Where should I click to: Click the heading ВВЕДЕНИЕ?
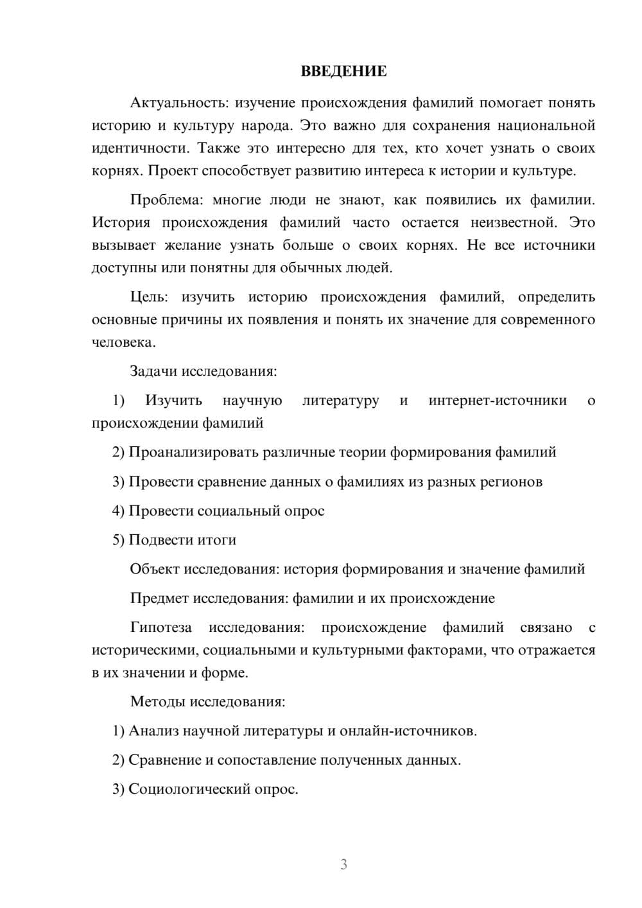coord(343,71)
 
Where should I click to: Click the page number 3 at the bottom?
coord(343,864)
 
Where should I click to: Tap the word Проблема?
coord(165,200)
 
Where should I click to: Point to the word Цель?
coord(148,297)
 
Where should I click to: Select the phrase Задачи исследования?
coord(204,371)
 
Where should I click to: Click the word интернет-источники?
coord(498,401)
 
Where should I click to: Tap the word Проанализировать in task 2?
coord(194,452)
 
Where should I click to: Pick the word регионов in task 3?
coord(511,482)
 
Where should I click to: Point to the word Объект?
coord(155,569)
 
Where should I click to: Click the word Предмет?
coord(159,598)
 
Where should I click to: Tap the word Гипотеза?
coord(160,627)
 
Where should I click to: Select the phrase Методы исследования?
coord(207,701)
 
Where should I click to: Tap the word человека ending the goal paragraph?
coord(122,342)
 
